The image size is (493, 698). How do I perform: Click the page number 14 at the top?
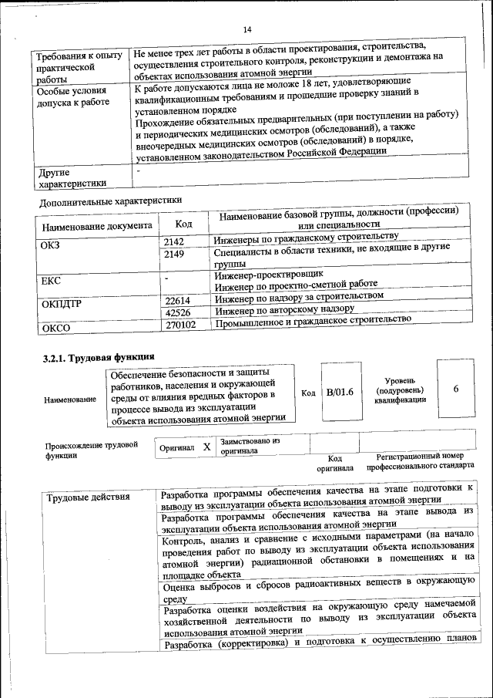click(x=248, y=29)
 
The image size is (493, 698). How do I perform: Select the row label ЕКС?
click(x=50, y=281)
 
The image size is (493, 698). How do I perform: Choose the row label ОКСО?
click(x=55, y=328)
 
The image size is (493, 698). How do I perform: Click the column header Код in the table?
click(x=183, y=224)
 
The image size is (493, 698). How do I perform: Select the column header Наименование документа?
click(x=97, y=228)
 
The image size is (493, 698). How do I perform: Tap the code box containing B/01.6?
click(x=340, y=392)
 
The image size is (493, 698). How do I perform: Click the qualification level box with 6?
click(x=456, y=389)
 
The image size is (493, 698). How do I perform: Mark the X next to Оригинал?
click(x=206, y=447)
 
